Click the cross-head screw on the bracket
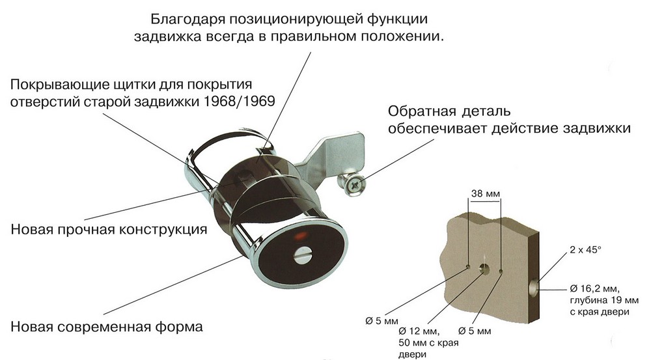coord(355,186)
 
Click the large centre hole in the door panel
coord(485,268)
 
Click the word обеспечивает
coord(436,128)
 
